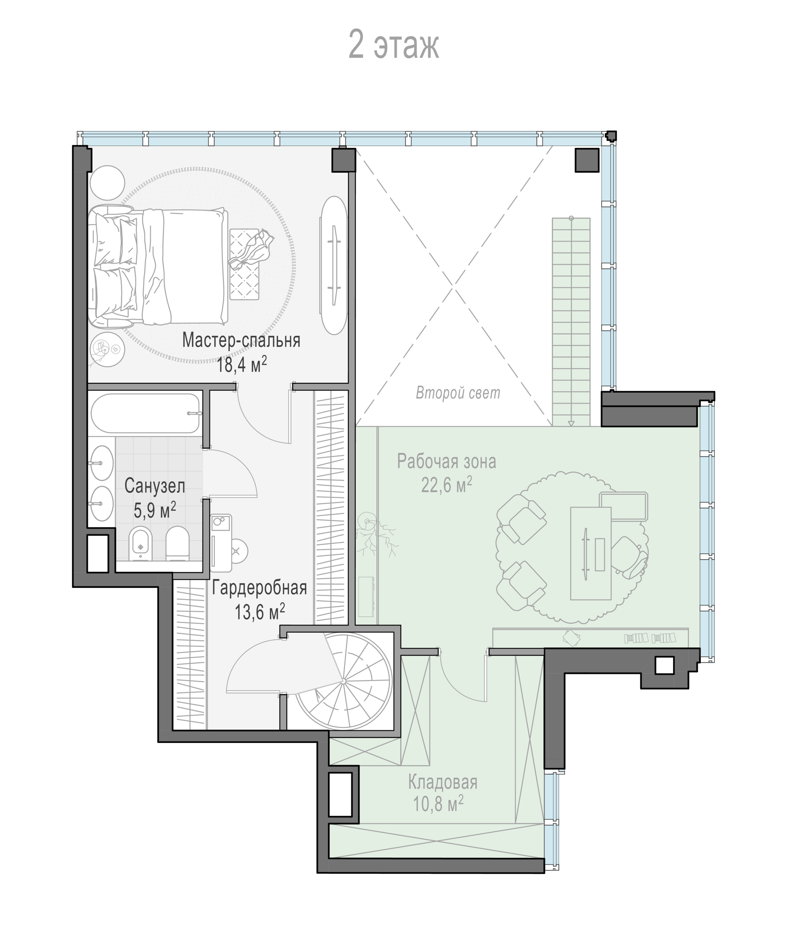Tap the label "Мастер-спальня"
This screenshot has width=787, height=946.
(x=241, y=340)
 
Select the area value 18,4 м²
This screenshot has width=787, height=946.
(x=242, y=364)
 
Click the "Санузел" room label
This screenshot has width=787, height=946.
(x=154, y=486)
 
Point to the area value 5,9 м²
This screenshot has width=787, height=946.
(x=154, y=510)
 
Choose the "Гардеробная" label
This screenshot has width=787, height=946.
(x=260, y=588)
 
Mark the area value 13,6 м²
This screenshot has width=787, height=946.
(x=260, y=612)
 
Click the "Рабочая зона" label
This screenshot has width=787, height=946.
(x=446, y=462)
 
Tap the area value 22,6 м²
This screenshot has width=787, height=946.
(x=446, y=485)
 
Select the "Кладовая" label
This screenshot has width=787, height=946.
(x=442, y=783)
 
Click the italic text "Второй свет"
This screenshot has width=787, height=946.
(x=458, y=393)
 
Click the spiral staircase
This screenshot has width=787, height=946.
(x=344, y=681)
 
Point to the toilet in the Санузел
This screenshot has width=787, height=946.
(x=177, y=544)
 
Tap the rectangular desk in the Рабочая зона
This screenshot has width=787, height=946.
(x=591, y=554)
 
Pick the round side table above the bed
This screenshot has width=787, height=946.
(x=107, y=182)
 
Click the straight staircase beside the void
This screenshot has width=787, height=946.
(x=571, y=322)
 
